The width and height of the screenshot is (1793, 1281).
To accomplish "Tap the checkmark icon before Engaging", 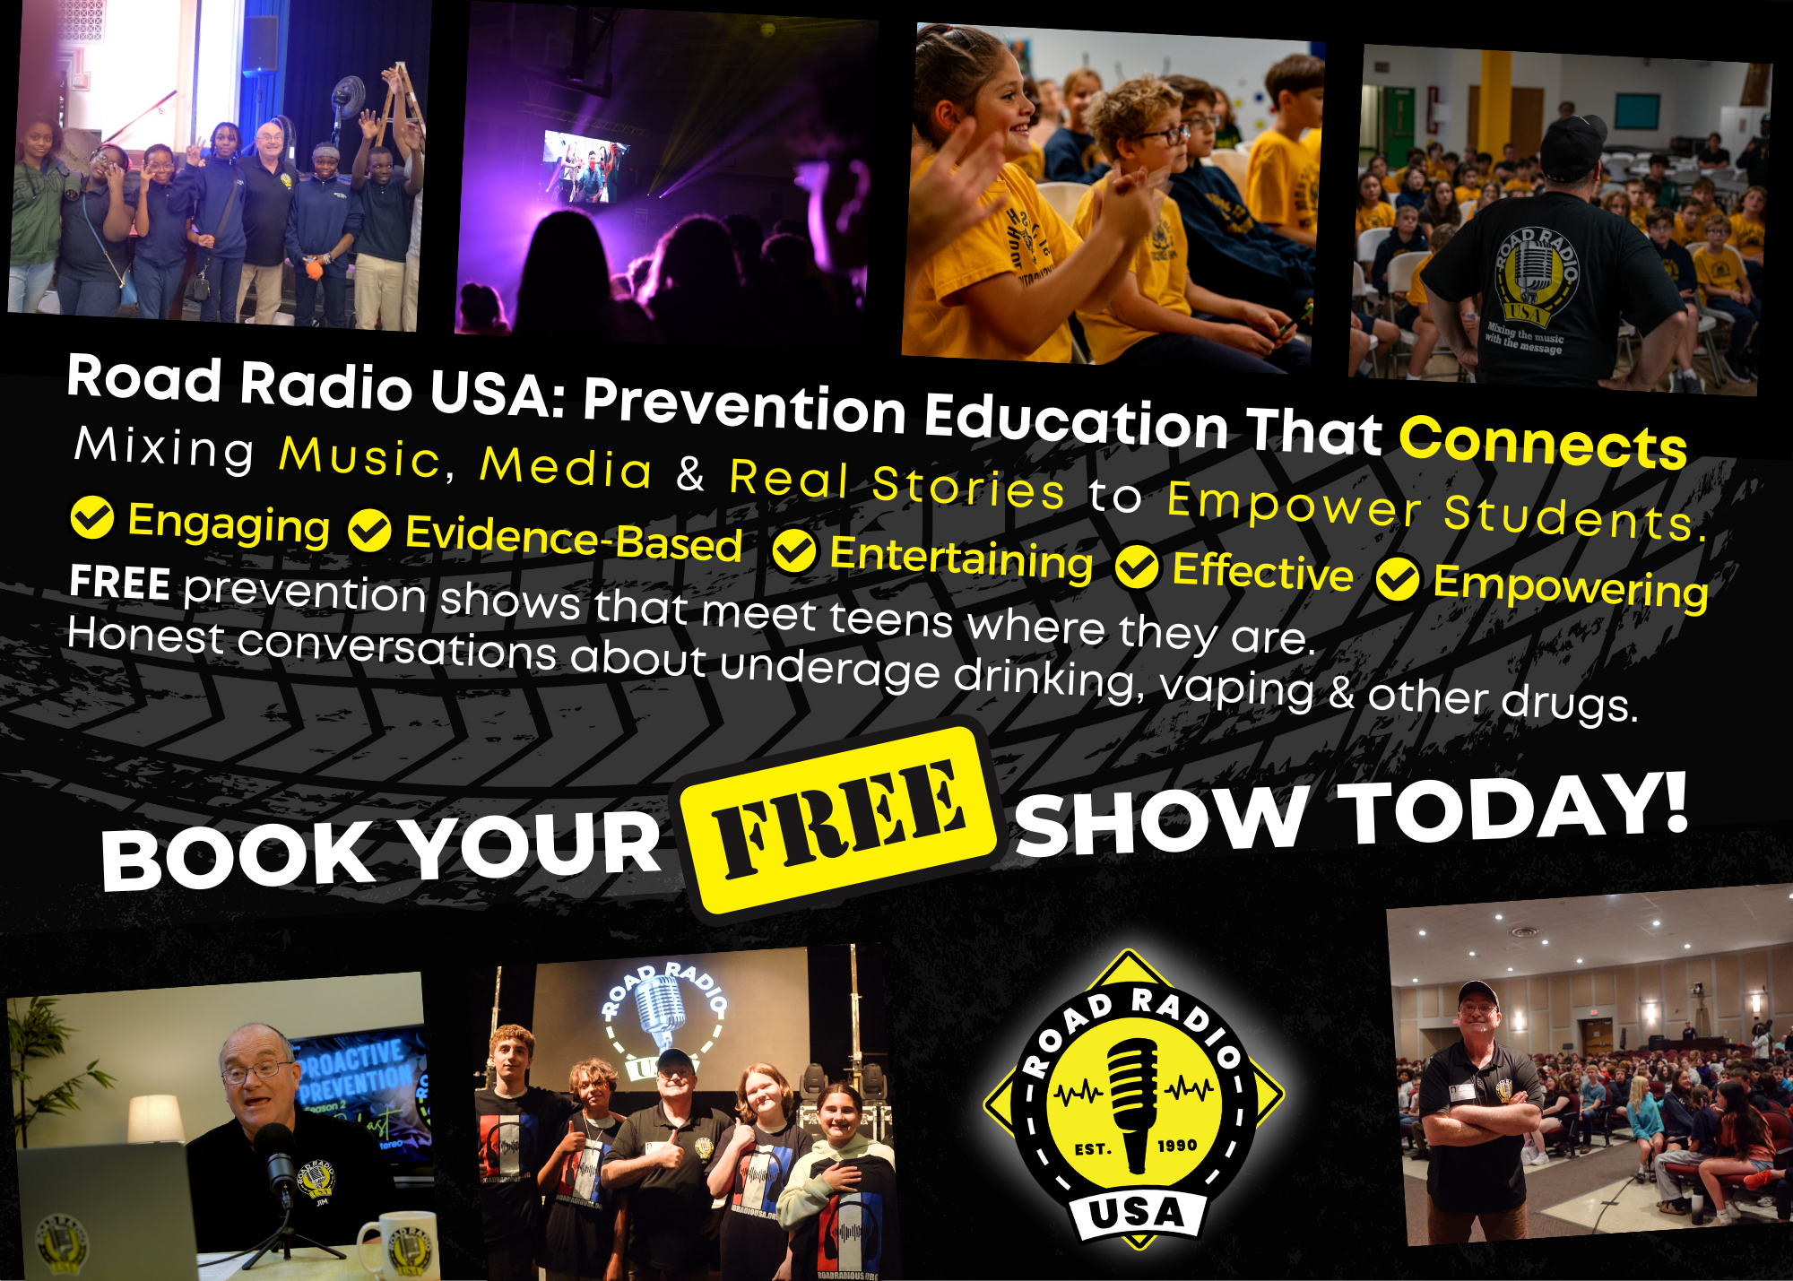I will (91, 517).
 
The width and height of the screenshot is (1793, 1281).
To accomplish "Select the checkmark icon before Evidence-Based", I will (369, 531).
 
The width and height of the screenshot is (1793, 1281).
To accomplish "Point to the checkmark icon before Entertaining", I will (793, 550).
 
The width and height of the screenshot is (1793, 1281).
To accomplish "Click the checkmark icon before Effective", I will (1137, 567).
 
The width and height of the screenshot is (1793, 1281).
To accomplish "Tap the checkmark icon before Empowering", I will (1398, 578).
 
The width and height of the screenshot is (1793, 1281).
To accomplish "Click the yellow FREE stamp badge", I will (838, 820).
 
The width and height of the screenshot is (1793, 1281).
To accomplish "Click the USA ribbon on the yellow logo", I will (1137, 1214).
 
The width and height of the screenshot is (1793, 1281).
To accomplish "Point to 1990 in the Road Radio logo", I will (1177, 1146).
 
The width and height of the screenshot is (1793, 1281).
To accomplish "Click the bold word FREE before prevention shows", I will (119, 583).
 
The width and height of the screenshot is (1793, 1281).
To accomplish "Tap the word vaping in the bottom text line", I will (1237, 688).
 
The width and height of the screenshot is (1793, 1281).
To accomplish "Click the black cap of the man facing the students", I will (1573, 143).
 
